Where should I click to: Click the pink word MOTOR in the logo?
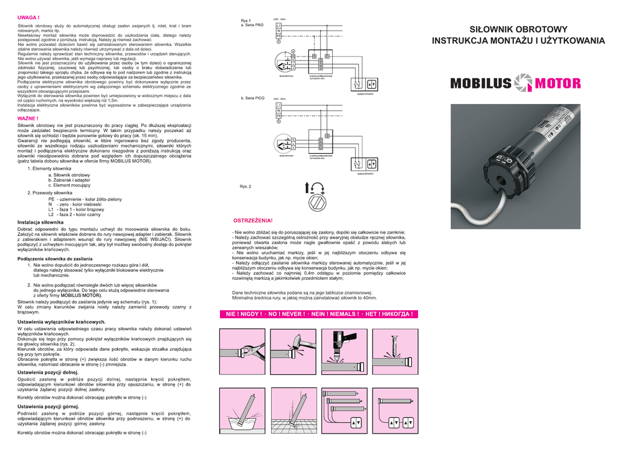[558, 83]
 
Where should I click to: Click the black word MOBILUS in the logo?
[480, 83]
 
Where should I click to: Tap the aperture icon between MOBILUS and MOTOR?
[523, 83]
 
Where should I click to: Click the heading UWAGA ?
[29, 18]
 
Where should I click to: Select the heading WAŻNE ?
[28, 118]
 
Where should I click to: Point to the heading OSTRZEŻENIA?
[252, 221]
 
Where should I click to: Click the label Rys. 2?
[245, 186]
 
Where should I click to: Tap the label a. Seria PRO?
[252, 25]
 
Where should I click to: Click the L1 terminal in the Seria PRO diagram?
[279, 25]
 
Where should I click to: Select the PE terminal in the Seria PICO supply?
[279, 116]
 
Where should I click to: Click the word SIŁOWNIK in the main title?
[494, 29]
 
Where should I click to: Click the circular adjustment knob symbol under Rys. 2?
[318, 202]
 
